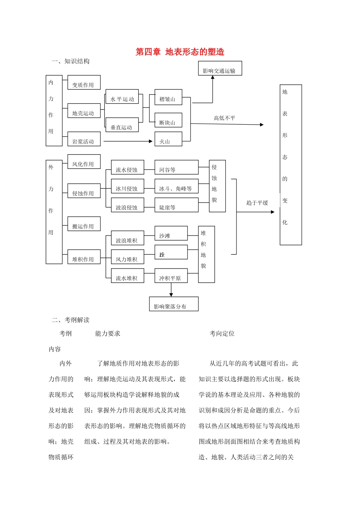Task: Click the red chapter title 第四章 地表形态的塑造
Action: pos(180,52)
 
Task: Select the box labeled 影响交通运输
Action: pos(220,69)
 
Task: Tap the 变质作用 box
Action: pos(84,83)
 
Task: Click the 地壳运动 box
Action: pos(84,111)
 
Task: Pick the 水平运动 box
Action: pos(122,97)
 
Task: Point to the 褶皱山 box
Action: pos(168,97)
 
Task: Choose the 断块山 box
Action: pos(168,120)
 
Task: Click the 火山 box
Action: pos(168,139)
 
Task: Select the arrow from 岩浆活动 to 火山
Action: pos(128,141)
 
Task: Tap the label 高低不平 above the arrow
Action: pos(224,118)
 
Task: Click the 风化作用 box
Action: pos(84,162)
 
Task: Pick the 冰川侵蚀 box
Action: pos(127,186)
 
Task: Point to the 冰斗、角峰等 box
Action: pos(176,186)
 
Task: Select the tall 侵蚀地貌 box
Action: pos(217,186)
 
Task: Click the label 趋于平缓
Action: pos(257,203)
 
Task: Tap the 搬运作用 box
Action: pos(84,224)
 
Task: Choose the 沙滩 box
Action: pos(171,233)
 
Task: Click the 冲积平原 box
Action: pos(171,276)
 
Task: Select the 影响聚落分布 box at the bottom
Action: pos(174,304)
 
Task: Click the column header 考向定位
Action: pos(222,334)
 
